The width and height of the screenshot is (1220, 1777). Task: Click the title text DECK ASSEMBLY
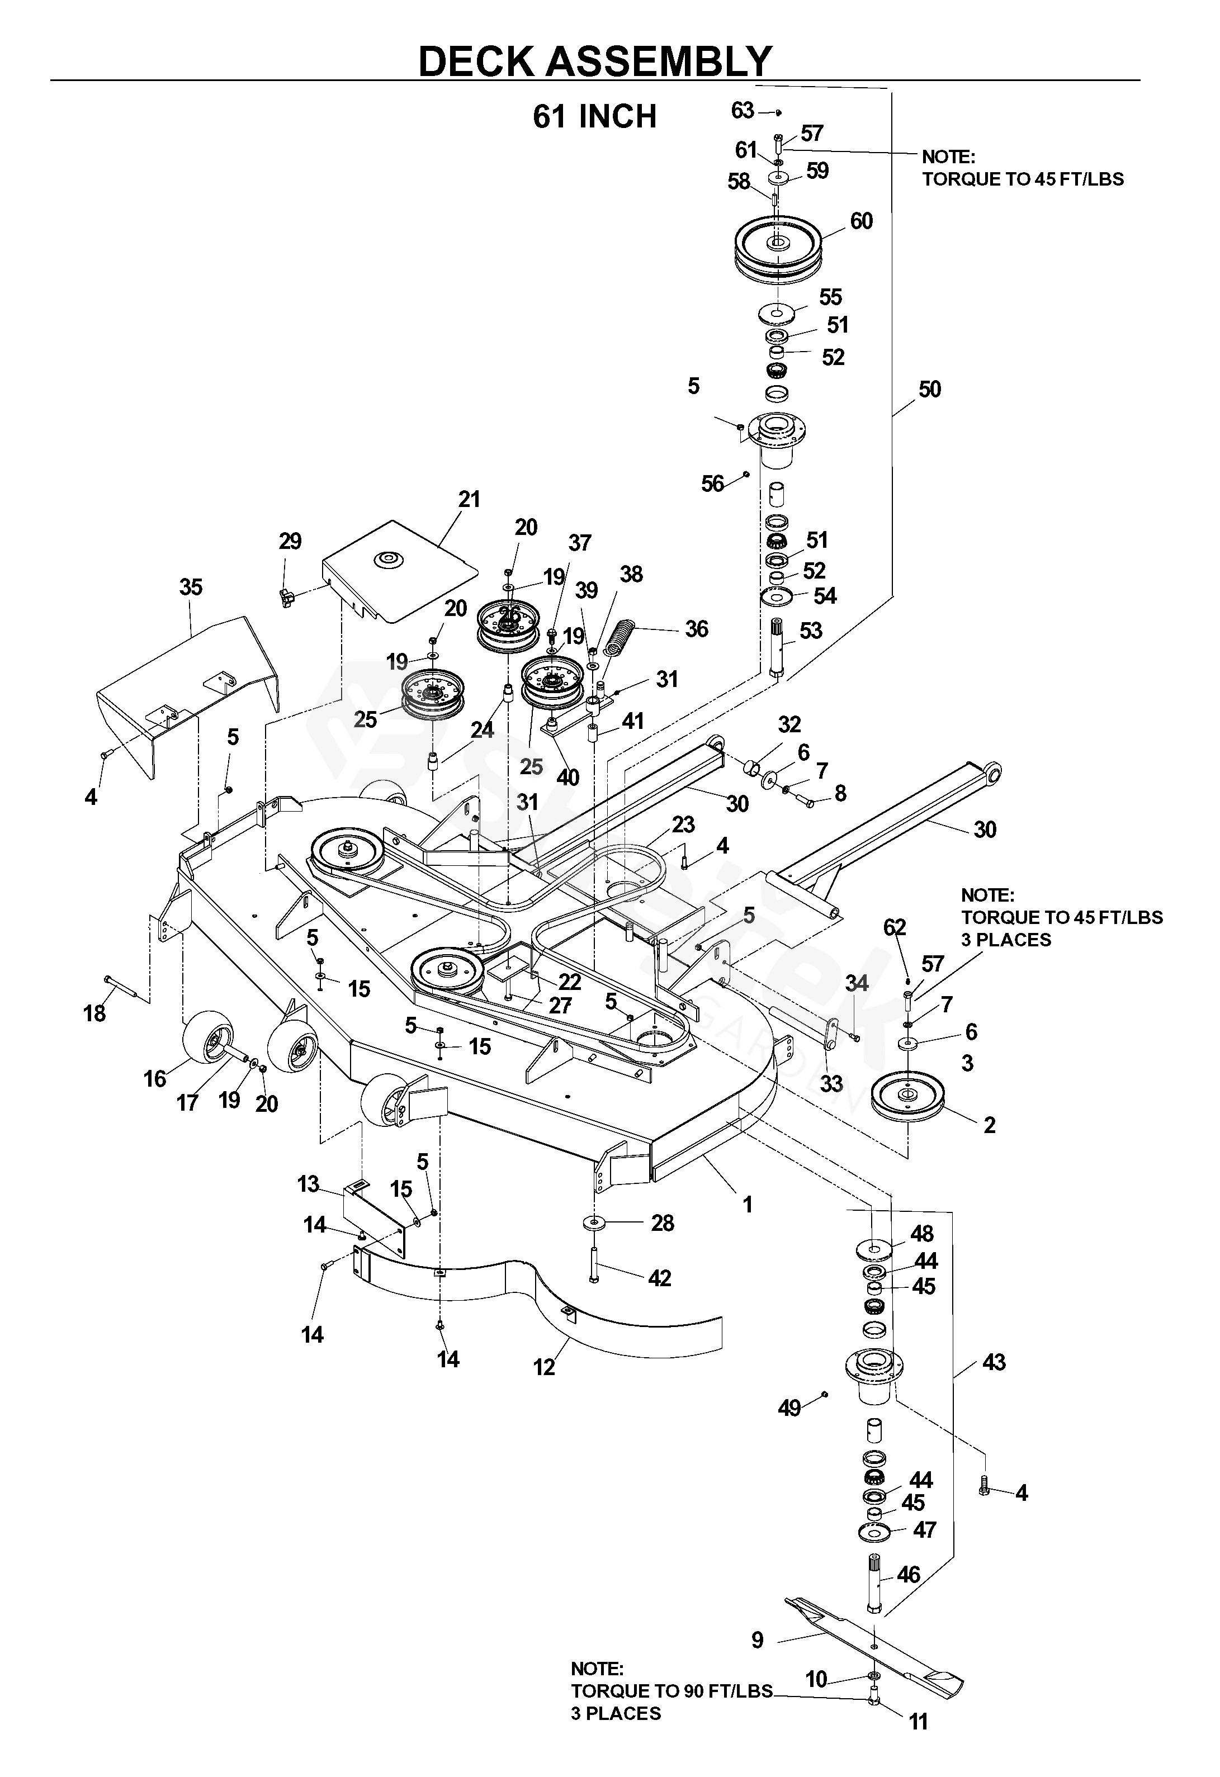point(595,61)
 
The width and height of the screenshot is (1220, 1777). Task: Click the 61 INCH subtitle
point(594,116)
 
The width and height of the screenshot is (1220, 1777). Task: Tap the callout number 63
point(742,111)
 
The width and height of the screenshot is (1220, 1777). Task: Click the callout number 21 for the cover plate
point(469,499)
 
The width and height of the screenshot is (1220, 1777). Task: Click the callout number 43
point(994,1362)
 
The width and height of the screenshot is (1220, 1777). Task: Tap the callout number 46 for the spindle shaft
point(908,1575)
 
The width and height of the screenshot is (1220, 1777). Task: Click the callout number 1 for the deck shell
point(748,1205)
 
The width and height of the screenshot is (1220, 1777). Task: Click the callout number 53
point(811,631)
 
